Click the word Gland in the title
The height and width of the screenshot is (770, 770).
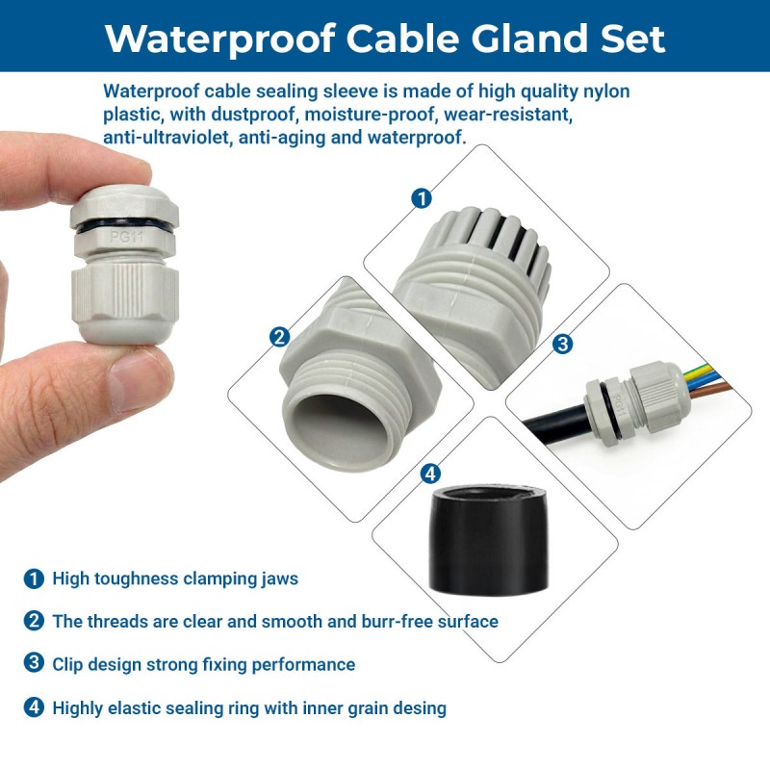tap(529, 38)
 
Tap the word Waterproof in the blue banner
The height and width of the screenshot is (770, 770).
tap(219, 39)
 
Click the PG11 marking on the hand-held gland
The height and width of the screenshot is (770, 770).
tap(126, 237)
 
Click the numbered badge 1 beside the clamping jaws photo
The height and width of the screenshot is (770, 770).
tap(422, 198)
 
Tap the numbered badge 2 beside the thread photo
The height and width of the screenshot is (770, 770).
tap(279, 337)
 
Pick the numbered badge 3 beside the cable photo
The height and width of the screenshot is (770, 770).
tap(563, 344)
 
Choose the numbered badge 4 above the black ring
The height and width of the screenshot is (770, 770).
tap(430, 474)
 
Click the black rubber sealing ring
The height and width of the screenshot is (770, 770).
tap(489, 539)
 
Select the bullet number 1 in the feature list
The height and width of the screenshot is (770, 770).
tap(34, 578)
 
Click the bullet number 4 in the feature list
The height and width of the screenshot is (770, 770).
tap(34, 707)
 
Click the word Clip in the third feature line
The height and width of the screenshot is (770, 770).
tap(67, 665)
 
